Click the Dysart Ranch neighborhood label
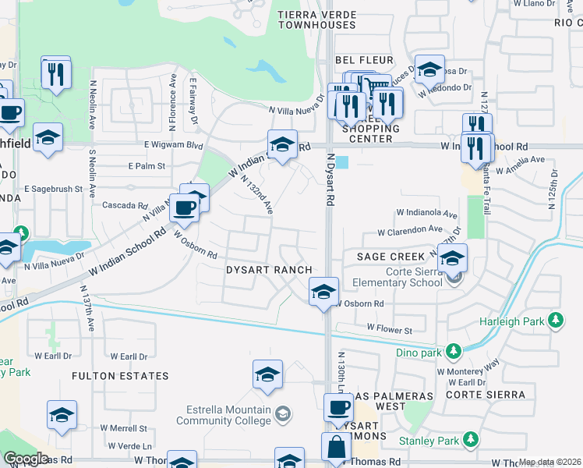click(x=269, y=270)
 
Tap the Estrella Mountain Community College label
click(x=230, y=416)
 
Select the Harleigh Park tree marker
click(x=556, y=320)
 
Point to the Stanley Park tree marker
click(x=470, y=441)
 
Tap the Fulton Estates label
click(x=120, y=376)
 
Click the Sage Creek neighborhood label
click(x=390, y=257)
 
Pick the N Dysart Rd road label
click(x=330, y=179)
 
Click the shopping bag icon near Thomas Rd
click(x=337, y=450)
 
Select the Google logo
click(x=26, y=459)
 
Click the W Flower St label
click(x=390, y=331)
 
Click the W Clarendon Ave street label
click(x=410, y=232)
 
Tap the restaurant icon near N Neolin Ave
click(x=55, y=74)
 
